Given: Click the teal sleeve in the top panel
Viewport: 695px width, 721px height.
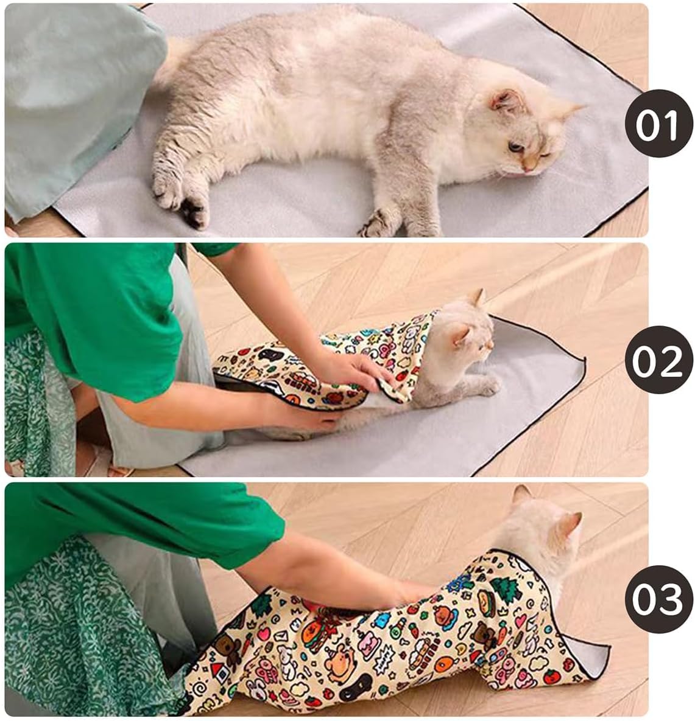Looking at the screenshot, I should [x=73, y=91].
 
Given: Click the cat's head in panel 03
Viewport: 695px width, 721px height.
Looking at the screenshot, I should [x=539, y=529].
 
